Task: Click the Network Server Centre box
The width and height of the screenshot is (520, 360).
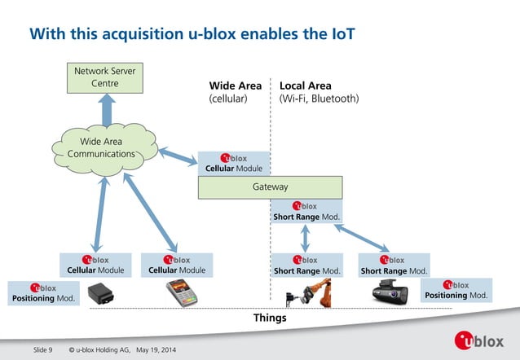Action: (x=105, y=77)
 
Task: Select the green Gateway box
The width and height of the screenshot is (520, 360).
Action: (x=270, y=187)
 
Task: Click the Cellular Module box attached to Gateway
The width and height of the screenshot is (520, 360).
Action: (x=234, y=163)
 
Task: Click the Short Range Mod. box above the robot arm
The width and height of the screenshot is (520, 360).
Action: (x=306, y=265)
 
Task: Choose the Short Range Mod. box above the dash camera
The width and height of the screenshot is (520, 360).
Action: (x=394, y=265)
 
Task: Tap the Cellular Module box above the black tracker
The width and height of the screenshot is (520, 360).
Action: (x=95, y=265)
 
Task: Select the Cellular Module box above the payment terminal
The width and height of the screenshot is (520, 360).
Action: (x=176, y=265)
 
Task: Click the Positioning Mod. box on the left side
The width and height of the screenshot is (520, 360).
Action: (x=44, y=292)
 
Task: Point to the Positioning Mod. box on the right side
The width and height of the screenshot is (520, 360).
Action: (x=456, y=290)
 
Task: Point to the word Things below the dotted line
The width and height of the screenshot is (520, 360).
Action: (x=271, y=318)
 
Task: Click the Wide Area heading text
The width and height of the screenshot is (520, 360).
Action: (x=236, y=86)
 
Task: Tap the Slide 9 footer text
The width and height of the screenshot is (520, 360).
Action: (x=42, y=350)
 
